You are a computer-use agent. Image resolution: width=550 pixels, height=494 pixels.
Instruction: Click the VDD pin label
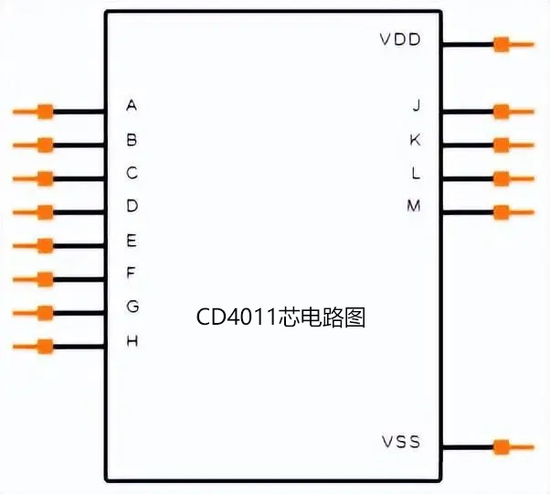[399, 40]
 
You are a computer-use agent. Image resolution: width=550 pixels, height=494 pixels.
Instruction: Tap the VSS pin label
[400, 443]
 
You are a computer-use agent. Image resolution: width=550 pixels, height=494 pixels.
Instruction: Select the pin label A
[132, 105]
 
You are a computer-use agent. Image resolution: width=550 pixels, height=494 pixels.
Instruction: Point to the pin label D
[132, 206]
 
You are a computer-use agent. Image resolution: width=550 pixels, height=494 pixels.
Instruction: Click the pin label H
[132, 341]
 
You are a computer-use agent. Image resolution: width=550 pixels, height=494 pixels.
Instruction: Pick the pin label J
[416, 105]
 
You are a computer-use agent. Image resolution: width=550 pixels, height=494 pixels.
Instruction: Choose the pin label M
[414, 206]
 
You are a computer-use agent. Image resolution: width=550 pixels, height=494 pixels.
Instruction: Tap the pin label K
[416, 139]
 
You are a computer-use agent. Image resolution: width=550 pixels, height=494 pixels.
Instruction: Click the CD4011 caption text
[281, 317]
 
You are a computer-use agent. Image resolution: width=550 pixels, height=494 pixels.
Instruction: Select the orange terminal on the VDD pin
[501, 43]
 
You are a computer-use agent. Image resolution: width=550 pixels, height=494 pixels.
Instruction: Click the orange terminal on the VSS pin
[501, 446]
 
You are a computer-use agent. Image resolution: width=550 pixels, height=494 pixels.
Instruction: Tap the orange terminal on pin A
[44, 112]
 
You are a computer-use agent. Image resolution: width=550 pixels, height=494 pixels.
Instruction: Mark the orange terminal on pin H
[44, 347]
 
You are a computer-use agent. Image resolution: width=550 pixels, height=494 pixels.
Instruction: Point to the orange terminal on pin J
[501, 112]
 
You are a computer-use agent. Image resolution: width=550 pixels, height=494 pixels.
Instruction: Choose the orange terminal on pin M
[501, 212]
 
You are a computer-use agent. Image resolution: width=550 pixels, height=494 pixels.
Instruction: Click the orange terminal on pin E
[44, 245]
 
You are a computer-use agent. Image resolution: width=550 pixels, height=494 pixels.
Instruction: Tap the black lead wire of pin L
[467, 178]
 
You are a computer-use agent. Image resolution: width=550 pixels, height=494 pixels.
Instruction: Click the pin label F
[132, 273]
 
